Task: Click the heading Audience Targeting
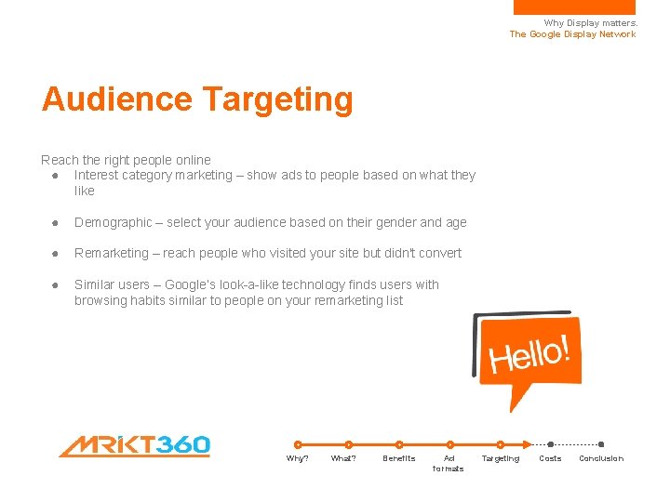(197, 99)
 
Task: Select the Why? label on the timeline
(297, 458)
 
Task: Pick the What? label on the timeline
(343, 458)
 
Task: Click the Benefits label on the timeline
(398, 458)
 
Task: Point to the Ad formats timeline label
(449, 463)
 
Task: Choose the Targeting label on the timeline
(500, 458)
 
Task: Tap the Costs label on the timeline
(550, 458)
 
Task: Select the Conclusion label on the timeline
(601, 458)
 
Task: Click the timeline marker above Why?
(298, 444)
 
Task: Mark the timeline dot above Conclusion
(601, 444)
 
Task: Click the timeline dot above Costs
(551, 444)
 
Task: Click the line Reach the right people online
(126, 160)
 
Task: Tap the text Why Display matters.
(590, 23)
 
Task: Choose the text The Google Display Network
(572, 34)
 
